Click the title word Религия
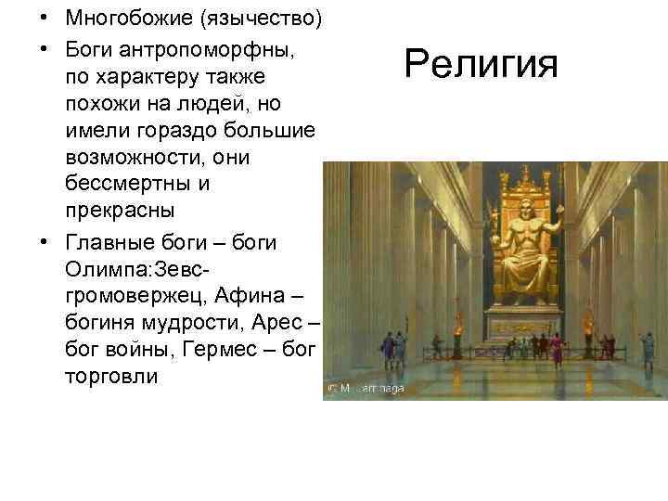[482, 64]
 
